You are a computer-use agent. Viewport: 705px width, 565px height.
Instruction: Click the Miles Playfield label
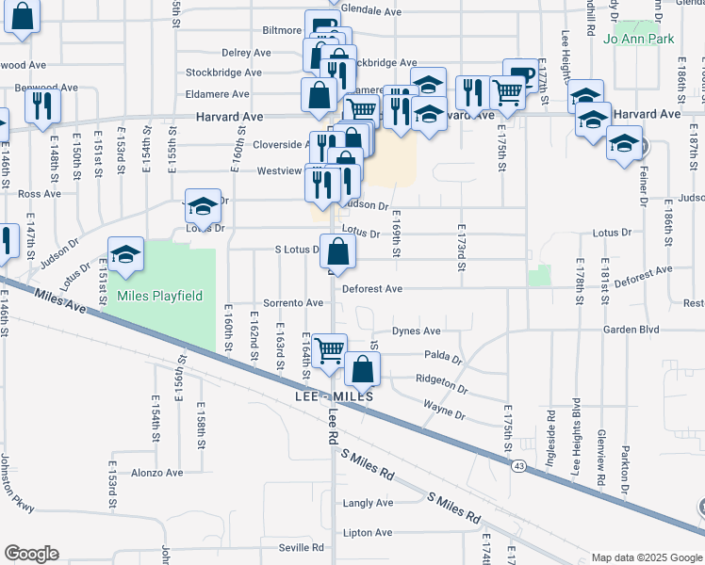pyautogui.click(x=159, y=296)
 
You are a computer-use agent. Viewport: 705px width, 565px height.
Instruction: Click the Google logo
pyautogui.click(x=32, y=554)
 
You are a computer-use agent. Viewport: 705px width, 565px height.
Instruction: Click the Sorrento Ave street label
pyautogui.click(x=293, y=303)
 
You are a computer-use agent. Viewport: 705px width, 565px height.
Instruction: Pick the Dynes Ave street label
pyautogui.click(x=417, y=331)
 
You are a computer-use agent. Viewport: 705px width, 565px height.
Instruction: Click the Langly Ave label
pyautogui.click(x=368, y=503)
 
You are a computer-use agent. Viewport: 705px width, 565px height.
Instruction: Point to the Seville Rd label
pyautogui.click(x=300, y=547)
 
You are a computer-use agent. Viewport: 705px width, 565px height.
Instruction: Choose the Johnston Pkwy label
pyautogui.click(x=18, y=485)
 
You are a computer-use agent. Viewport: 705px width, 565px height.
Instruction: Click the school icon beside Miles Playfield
pyautogui.click(x=125, y=253)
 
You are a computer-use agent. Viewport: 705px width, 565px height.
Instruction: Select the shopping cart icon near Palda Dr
pyautogui.click(x=329, y=349)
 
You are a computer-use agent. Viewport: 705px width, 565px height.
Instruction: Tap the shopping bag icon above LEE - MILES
pyautogui.click(x=362, y=368)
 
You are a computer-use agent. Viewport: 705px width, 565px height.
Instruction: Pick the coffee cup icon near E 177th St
pyautogui.click(x=518, y=74)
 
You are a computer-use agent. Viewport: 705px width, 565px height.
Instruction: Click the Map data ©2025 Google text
pyautogui.click(x=646, y=557)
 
